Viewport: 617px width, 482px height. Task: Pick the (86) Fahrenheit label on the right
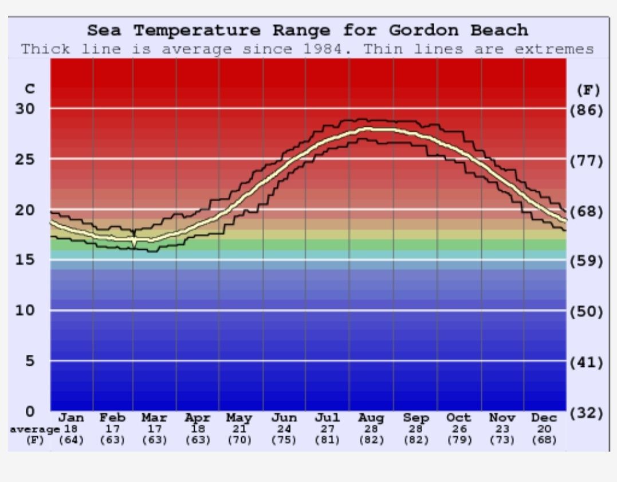(586, 110)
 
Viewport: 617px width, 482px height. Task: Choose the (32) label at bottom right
(586, 413)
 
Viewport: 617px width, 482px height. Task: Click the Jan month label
(72, 418)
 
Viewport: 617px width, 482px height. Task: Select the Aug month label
(371, 418)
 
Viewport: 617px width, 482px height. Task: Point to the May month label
(239, 418)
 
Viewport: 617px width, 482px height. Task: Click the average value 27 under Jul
(327, 429)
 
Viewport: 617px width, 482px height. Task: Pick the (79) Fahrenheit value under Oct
(459, 440)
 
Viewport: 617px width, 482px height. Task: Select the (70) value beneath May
(239, 440)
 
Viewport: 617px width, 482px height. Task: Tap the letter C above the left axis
(30, 89)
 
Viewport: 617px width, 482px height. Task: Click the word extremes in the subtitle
(554, 49)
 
